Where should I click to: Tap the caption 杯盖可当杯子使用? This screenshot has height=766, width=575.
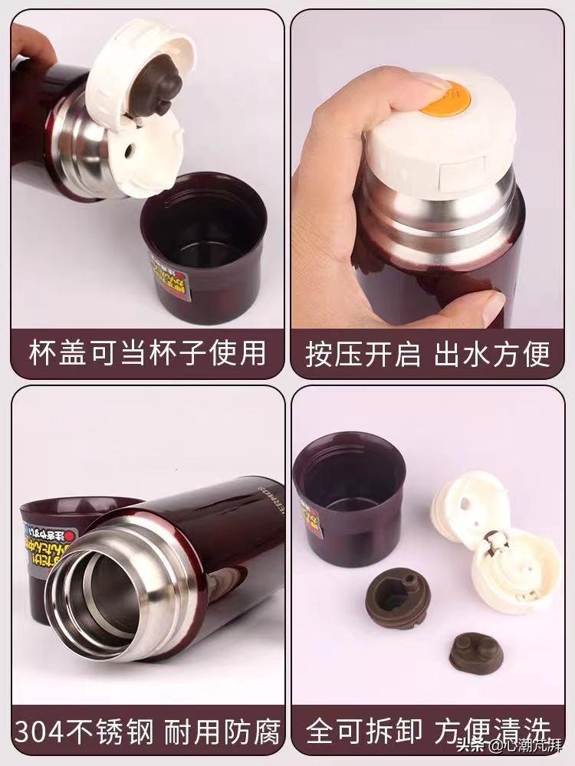[x=146, y=354]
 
